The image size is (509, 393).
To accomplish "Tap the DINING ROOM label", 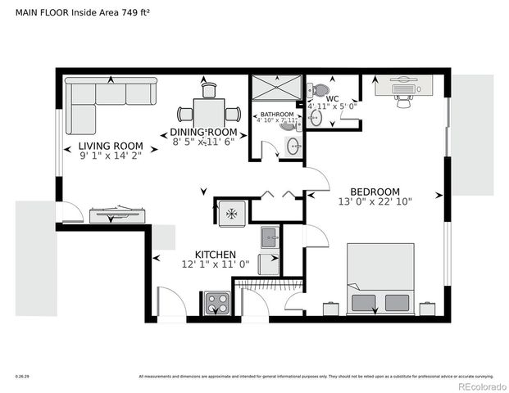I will [203, 132].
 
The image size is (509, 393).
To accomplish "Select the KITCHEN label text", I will [215, 255].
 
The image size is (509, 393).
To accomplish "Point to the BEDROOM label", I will [375, 191].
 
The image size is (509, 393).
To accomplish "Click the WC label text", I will [332, 98].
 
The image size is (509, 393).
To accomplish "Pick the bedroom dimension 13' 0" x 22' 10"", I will [375, 201].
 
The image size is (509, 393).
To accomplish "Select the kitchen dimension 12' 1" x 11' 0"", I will [215, 264].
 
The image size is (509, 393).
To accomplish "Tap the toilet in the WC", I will [320, 89].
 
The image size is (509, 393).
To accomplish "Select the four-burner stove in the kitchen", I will [217, 303].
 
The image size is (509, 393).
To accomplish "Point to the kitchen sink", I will [270, 238].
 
